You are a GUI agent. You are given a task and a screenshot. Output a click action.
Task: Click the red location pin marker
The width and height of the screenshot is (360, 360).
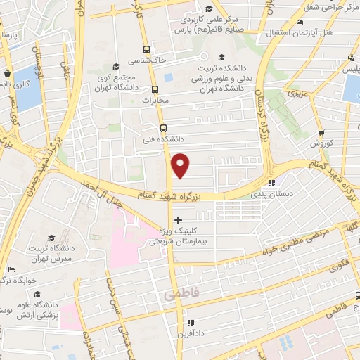[181, 165]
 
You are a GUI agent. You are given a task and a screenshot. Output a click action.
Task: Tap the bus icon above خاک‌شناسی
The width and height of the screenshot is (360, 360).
[146, 49]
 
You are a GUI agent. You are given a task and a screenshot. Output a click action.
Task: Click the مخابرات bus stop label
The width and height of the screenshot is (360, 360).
[156, 101]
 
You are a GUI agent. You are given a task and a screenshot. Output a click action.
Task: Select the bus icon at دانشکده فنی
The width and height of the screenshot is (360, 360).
[163, 129]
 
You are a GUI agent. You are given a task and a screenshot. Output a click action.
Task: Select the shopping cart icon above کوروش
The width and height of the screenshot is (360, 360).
[321, 131]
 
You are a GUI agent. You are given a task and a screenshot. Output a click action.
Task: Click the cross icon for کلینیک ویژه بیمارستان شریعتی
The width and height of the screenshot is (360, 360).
[178, 221]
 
